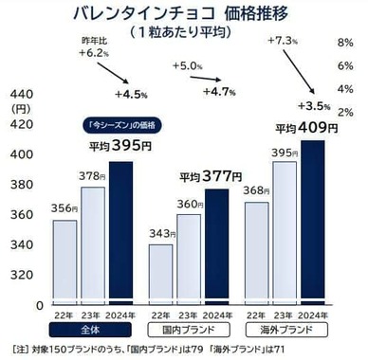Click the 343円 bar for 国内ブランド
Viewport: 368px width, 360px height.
coord(160,275)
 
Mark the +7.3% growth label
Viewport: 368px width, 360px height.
coord(285,41)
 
